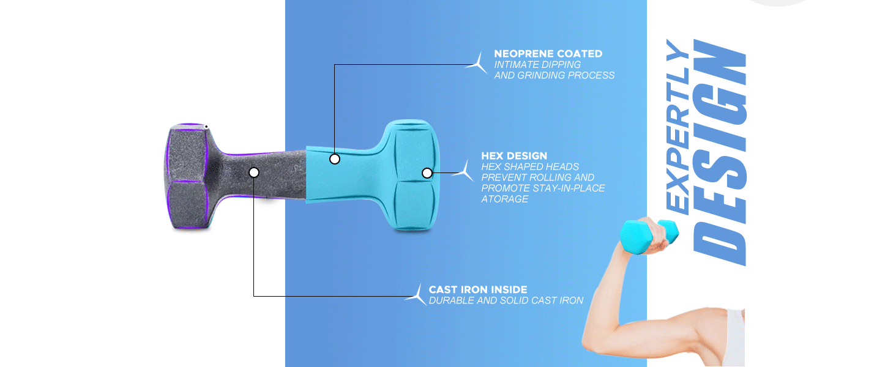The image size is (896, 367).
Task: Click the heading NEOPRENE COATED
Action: point(548,54)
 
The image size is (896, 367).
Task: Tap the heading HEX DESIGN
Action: point(514,156)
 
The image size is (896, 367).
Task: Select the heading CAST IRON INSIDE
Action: point(478,289)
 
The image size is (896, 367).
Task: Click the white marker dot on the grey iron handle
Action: point(254,172)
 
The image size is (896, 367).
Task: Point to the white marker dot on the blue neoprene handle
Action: point(335,159)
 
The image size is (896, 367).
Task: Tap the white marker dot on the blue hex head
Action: point(427,173)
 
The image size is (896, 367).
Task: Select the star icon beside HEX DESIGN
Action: point(465,172)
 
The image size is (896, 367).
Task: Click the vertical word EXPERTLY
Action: point(678,127)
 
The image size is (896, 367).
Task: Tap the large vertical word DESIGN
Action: point(720,152)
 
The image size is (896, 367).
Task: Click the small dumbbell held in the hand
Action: point(649,236)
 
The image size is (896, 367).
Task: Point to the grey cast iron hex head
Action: point(187,176)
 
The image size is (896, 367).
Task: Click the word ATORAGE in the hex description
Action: point(504,199)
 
